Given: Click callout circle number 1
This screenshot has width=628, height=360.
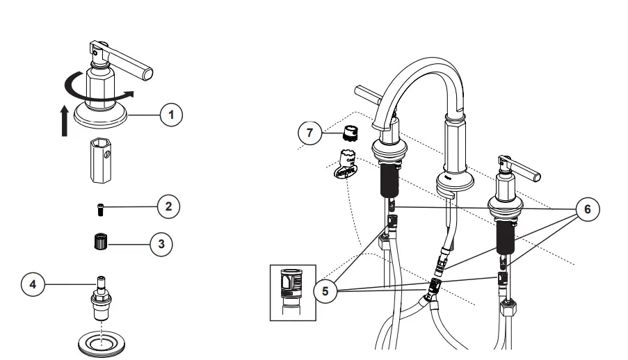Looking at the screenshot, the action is pos(170,115).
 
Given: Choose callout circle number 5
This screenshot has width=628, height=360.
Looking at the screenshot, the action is pos(325,291).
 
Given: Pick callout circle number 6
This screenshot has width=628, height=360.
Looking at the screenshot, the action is pos(588,209).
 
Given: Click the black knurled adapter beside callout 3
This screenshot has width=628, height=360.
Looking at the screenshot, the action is pos(98,243).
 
